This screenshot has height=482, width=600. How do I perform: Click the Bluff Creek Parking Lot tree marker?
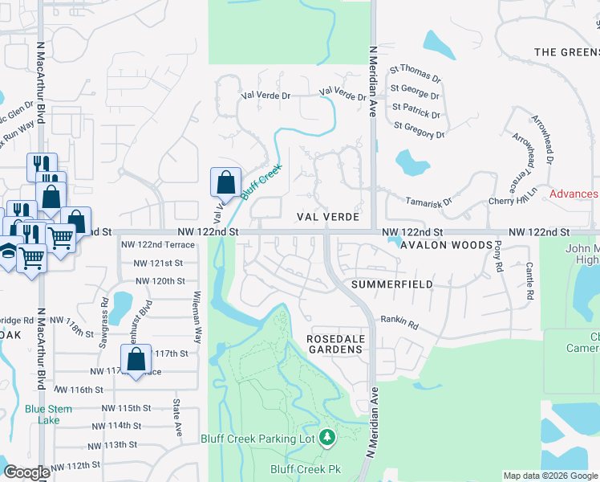(326, 437)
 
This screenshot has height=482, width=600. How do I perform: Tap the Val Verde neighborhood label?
(326, 217)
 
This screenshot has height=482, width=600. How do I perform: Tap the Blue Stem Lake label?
(48, 415)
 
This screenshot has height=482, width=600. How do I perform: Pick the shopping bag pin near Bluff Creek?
(226, 182)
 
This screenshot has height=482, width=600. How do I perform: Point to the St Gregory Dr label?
(419, 129)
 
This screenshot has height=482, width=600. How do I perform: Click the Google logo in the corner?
(27, 472)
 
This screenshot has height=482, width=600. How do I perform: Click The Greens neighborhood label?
(566, 52)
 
